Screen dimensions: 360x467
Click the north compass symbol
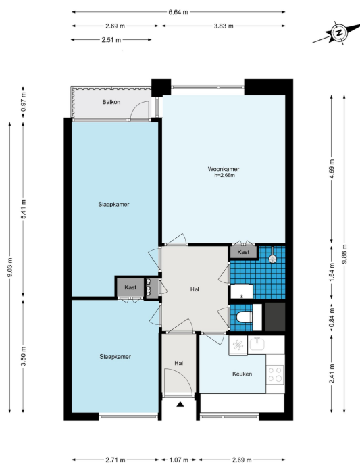tap(338, 32)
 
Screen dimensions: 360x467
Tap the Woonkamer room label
tap(224, 169)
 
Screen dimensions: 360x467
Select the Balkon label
tap(111, 102)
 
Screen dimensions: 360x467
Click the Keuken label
tap(242, 374)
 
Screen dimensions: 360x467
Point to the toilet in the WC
tap(245, 318)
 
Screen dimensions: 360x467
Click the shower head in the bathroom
tap(272, 259)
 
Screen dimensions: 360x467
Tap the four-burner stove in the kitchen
tap(275, 374)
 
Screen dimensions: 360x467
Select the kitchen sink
tap(257, 344)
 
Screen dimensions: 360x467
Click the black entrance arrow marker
tap(180, 404)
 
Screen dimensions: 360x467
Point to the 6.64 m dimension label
tap(178, 12)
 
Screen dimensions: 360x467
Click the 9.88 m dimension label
tap(344, 253)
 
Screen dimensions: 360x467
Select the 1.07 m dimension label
tap(179, 460)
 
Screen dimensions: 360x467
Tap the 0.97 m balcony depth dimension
tap(24, 102)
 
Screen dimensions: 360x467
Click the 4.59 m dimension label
tap(332, 168)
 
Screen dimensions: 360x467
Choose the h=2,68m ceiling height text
tap(224, 176)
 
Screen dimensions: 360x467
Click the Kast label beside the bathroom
tap(243, 252)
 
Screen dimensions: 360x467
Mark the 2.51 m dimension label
tap(111, 40)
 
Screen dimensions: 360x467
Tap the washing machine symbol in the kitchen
tap(238, 345)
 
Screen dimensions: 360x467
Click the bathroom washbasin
tap(242, 291)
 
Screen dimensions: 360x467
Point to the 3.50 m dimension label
tap(24, 356)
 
